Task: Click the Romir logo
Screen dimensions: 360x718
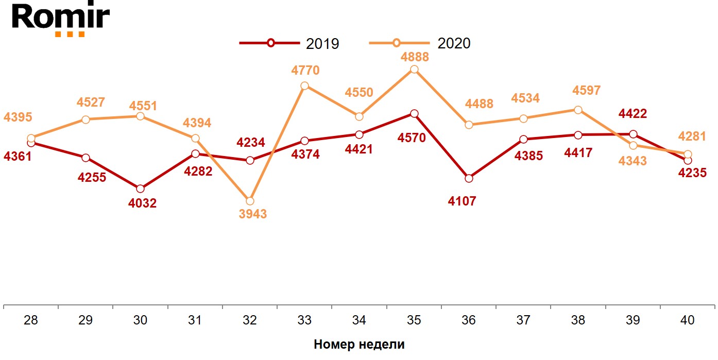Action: [61, 19]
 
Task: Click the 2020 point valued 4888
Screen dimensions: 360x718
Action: [415, 70]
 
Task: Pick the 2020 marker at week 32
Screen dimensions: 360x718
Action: [250, 201]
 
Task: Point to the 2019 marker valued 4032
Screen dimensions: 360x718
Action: [141, 188]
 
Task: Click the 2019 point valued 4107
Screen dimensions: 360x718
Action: [469, 178]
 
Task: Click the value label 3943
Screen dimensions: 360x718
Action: [253, 214]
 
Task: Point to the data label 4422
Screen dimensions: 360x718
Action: [632, 113]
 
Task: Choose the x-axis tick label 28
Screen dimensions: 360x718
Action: [31, 320]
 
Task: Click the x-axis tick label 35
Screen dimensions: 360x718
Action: [414, 320]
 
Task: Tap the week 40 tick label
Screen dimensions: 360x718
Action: [687, 320]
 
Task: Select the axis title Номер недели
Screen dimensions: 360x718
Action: [359, 345]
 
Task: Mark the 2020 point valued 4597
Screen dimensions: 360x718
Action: [578, 110]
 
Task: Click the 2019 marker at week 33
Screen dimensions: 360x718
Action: [304, 141]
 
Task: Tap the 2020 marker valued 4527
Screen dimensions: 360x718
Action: [86, 119]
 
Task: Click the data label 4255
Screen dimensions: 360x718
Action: [92, 177]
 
